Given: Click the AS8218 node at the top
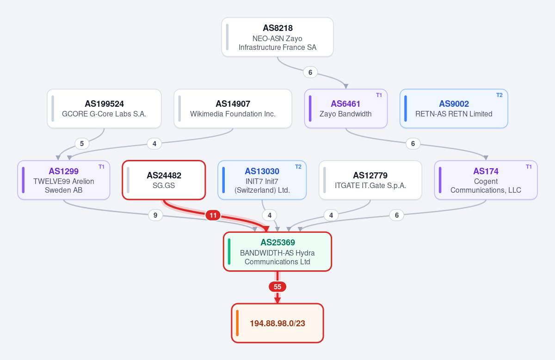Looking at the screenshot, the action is pos(277,37).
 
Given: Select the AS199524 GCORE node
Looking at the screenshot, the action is pos(104,109).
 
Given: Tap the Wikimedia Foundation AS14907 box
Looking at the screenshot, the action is pos(233,109).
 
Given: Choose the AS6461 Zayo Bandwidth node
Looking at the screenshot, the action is pos(345,109).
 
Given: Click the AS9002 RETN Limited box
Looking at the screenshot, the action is pos(454,109).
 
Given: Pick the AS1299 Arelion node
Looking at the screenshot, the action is pos(64,180).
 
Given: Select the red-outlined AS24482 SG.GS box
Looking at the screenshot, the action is pos(164,180).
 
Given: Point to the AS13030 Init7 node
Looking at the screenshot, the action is pos(262,180).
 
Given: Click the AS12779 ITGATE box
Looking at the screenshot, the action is pos(370,180).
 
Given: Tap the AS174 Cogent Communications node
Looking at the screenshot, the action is pos(486,180).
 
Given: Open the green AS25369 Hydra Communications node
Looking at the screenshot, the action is pos(277,251).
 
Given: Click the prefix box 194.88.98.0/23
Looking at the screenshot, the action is pos(277,323).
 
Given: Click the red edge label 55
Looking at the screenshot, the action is pos(277,287).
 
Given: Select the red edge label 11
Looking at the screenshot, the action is pos(213,215).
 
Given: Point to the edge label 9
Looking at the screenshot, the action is pos(155,215).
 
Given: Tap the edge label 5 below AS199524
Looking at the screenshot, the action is pos(82,144).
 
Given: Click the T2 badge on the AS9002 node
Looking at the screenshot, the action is pos(499,95).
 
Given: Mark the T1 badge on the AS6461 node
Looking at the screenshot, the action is pos(379,95).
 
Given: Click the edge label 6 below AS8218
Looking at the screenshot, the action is pos(310,72).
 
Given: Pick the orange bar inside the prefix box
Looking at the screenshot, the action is pos(237,323).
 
